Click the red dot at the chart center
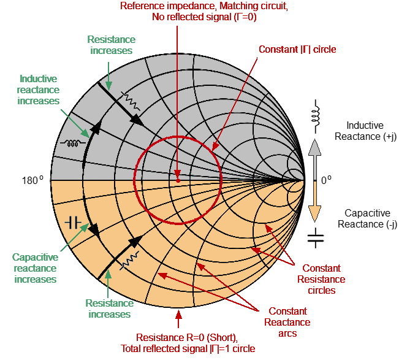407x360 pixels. click(x=177, y=181)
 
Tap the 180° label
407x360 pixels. click(x=31, y=181)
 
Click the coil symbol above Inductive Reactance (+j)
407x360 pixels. click(x=316, y=116)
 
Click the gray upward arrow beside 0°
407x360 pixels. click(x=314, y=158)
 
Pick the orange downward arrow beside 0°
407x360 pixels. click(x=314, y=203)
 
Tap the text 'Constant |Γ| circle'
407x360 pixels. click(x=297, y=49)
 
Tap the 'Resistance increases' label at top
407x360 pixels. click(x=111, y=45)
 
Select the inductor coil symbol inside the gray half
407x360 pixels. click(x=72, y=144)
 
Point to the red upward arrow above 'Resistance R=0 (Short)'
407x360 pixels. click(x=178, y=320)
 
